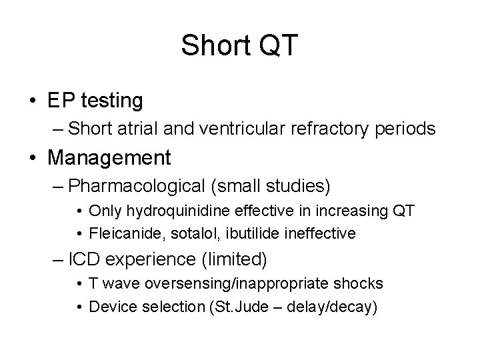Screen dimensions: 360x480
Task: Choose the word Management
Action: pyautogui.click(x=109, y=158)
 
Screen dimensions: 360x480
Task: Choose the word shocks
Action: pyautogui.click(x=360, y=283)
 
